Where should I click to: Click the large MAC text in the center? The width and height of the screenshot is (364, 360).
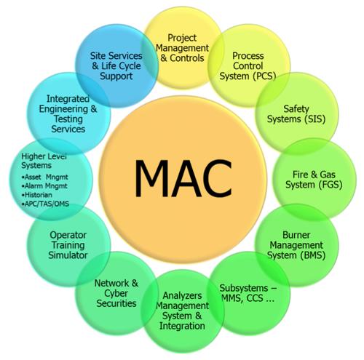[x=183, y=179]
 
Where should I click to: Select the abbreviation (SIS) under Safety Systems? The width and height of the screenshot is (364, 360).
[x=314, y=119]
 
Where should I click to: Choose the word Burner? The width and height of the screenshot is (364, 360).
[x=296, y=235]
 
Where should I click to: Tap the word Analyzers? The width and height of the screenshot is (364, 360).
[x=182, y=296]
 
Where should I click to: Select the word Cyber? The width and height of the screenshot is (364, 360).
[x=116, y=294]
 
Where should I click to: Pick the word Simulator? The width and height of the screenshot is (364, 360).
[x=68, y=255]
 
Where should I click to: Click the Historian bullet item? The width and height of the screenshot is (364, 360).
[x=37, y=195]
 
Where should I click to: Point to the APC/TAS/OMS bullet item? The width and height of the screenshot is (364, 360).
[x=45, y=204]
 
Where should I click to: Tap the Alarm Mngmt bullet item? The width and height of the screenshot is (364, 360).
[x=44, y=186]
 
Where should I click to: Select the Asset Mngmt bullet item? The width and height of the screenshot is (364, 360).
[x=44, y=177]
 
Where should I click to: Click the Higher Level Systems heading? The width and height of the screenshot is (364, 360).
[x=44, y=161]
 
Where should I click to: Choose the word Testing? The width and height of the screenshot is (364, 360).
[x=68, y=119]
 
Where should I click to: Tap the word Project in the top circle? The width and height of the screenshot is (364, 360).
[x=182, y=38]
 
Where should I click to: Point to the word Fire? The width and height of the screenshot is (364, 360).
[x=301, y=175]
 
